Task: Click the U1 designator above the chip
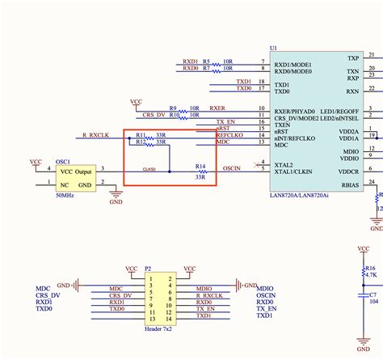pyautogui.click(x=273, y=49)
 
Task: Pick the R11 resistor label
pyautogui.click(x=141, y=134)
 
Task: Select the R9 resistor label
pyautogui.click(x=173, y=108)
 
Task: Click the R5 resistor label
pyautogui.click(x=206, y=61)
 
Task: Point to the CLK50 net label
pyautogui.click(x=149, y=169)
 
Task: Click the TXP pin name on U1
pyautogui.click(x=352, y=58)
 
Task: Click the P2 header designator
pyautogui.click(x=147, y=268)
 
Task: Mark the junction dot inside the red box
pyautogui.click(x=169, y=172)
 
